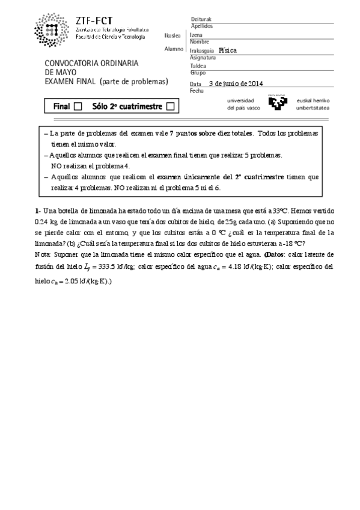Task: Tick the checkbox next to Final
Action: click(x=78, y=106)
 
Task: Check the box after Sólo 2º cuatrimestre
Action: click(x=170, y=106)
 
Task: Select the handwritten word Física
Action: click(x=228, y=51)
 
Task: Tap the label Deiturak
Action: click(x=201, y=19)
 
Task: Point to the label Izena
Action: click(x=197, y=35)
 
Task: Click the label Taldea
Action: click(x=198, y=66)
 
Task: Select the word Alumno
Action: click(x=174, y=49)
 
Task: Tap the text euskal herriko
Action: click(x=313, y=100)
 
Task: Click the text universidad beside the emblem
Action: click(x=240, y=100)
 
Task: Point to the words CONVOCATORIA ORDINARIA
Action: click(x=92, y=63)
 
